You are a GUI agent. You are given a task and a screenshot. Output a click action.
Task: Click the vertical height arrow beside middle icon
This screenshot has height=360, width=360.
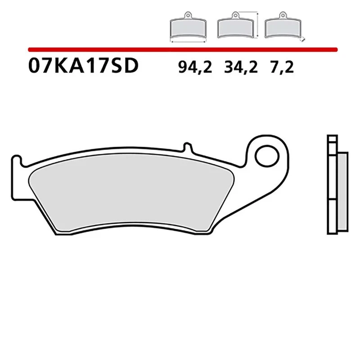click(257, 27)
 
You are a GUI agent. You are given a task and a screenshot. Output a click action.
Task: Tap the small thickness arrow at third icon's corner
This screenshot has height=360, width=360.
click(303, 40)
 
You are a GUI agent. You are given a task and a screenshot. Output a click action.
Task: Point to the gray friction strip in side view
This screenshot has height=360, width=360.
click(342, 193)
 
